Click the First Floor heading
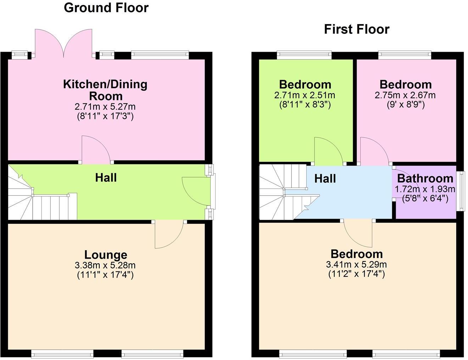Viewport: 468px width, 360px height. [357, 29]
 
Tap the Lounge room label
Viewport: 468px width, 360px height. [106, 255]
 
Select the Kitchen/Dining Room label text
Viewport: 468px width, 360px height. [105, 90]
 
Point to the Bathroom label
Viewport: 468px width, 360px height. [425, 178]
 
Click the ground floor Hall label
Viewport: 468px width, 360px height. [106, 178]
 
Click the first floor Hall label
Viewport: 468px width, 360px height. [325, 179]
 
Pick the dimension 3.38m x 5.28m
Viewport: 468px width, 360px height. [105, 265]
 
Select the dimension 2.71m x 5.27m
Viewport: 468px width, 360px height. [105, 107]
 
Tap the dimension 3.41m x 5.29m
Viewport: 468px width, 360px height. [356, 265]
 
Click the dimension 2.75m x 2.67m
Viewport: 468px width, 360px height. [405, 95]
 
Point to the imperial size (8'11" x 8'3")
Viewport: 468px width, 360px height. [305, 105]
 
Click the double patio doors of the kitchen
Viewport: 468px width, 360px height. [63, 44]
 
